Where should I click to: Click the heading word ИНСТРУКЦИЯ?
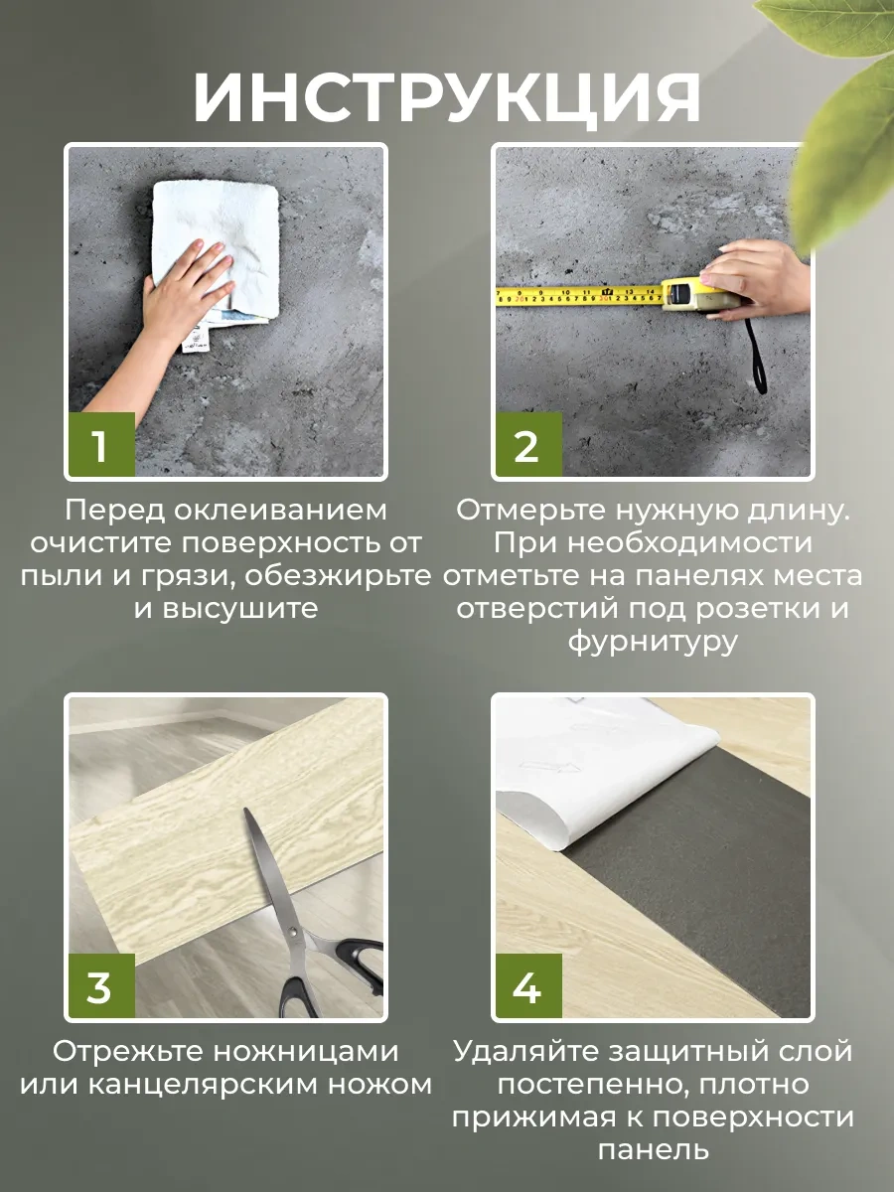[x=447, y=96]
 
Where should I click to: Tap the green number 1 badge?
[x=100, y=446]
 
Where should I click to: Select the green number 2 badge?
[x=526, y=446]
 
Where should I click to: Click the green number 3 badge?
[x=100, y=987]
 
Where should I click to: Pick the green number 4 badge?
[x=526, y=987]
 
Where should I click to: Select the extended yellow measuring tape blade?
[x=576, y=295]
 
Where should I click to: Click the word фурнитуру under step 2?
[x=653, y=642]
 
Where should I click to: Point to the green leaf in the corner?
[x=849, y=119]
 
